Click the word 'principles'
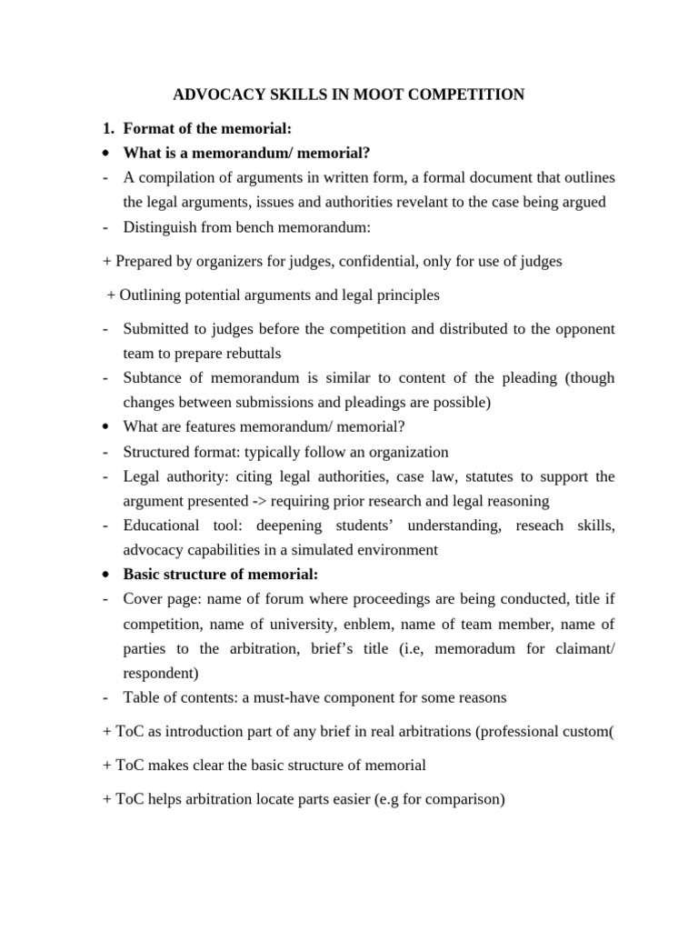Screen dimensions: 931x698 (405, 295)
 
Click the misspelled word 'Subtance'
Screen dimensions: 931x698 (153, 378)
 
